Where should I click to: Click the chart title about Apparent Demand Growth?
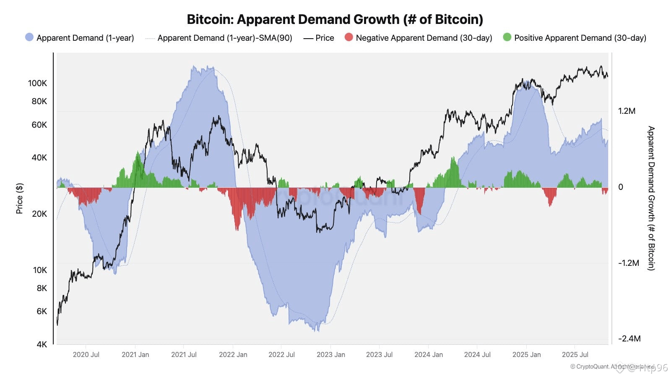tap(335, 19)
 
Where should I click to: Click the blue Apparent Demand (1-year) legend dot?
tap(29, 37)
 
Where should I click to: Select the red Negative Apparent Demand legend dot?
tap(349, 37)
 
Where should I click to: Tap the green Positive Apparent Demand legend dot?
tap(507, 37)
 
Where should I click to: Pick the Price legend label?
tap(325, 38)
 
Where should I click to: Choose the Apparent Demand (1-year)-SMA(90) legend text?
tap(225, 38)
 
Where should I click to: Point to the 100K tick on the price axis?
tap(38, 83)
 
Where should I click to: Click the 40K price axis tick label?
tap(39, 157)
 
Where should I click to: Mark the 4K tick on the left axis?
tap(42, 344)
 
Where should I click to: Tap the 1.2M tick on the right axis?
tap(627, 111)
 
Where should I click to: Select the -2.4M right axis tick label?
tap(629, 339)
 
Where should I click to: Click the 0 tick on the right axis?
tap(621, 187)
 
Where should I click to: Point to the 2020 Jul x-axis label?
tap(86, 354)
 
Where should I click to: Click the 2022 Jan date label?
tap(233, 354)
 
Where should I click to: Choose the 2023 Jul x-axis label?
tap(379, 354)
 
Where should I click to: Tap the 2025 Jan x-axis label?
tap(526, 354)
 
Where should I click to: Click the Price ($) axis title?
tap(19, 198)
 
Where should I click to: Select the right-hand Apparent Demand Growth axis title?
tap(651, 198)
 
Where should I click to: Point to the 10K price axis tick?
tap(40, 270)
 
